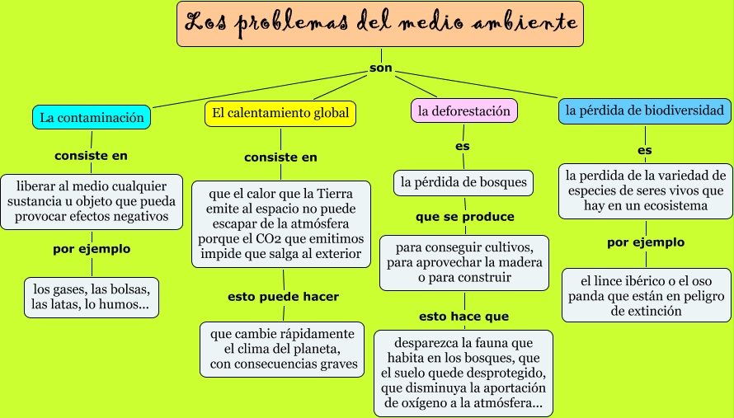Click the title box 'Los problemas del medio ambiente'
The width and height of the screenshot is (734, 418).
coord(380,24)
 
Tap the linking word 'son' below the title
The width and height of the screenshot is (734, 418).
coord(380,68)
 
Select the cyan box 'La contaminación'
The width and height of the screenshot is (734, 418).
coord(92,118)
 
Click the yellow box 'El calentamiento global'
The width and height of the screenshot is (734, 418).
coord(280,113)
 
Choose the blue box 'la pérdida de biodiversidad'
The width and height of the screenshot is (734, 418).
coord(644,110)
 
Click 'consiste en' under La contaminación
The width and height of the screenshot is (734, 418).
coord(91,155)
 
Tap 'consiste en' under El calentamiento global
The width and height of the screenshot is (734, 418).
coord(280,157)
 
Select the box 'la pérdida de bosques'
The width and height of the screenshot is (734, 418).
coord(463,181)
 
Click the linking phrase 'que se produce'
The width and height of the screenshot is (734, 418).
coord(464,217)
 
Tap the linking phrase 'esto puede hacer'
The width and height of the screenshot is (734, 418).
coord(283,297)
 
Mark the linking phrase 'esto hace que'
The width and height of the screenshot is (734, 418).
coord(463,316)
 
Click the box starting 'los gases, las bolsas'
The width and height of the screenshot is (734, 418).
coord(91,298)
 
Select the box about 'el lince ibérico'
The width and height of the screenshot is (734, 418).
coord(647,294)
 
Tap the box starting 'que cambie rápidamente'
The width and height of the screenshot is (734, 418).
coord(283,349)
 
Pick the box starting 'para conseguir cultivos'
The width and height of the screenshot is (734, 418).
coord(463,262)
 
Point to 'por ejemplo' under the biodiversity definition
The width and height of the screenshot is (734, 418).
coord(646,242)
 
